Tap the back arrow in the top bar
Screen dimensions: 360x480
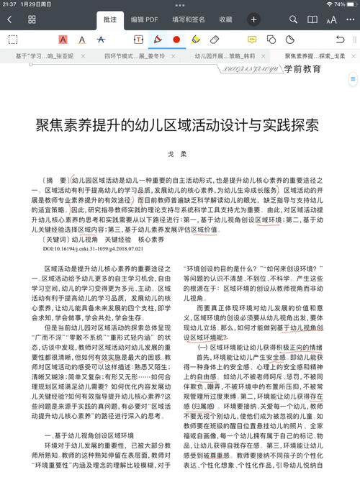pyautogui.click(x=9, y=19)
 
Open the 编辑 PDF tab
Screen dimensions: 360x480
pyautogui.click(x=144, y=19)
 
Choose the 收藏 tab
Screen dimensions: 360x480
pyautogui.click(x=225, y=19)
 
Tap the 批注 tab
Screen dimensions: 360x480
pyautogui.click(x=109, y=19)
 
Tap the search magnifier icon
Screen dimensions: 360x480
pyautogui.click(x=293, y=19)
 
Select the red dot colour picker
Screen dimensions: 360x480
pyautogui.click(x=176, y=40)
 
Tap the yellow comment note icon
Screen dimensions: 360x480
pyautogui.click(x=252, y=40)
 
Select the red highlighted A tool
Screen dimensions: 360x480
pyautogui.click(x=63, y=40)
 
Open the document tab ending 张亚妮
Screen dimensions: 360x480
pyautogui.click(x=44, y=55)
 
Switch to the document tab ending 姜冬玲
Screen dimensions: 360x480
pyautogui.click(x=135, y=55)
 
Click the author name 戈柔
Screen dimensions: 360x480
pyautogui.click(x=176, y=154)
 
